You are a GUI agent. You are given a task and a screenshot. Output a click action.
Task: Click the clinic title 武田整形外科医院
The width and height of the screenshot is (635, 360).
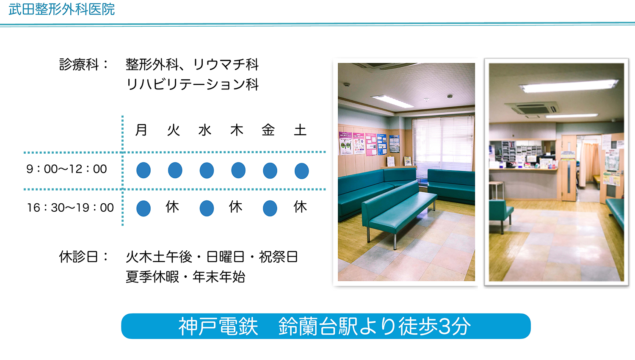click(x=61, y=9)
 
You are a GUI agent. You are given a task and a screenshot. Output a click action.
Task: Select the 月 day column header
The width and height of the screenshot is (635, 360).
click(x=141, y=130)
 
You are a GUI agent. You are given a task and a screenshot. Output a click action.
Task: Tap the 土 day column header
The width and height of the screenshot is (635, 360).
click(x=300, y=130)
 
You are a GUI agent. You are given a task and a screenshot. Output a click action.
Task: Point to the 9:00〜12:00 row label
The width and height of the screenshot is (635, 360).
click(x=66, y=169)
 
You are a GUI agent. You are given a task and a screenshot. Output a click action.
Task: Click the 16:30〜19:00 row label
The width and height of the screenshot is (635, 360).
click(x=70, y=208)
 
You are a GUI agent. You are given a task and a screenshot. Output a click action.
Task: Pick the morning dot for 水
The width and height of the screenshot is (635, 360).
click(x=207, y=170)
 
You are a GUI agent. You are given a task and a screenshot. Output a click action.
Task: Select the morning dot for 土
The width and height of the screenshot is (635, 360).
click(x=301, y=171)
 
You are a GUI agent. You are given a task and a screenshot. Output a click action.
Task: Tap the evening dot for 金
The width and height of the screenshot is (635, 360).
click(x=270, y=208)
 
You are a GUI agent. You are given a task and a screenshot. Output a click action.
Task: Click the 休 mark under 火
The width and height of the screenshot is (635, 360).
click(x=172, y=207)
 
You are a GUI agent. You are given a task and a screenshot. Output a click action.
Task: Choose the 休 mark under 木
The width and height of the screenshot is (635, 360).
click(x=236, y=207)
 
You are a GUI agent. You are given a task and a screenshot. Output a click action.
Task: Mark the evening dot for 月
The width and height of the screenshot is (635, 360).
click(x=144, y=208)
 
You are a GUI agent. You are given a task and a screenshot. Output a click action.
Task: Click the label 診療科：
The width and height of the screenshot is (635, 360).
click(x=84, y=64)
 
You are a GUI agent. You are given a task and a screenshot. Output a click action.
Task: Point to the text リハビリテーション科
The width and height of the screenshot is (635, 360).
click(x=192, y=84)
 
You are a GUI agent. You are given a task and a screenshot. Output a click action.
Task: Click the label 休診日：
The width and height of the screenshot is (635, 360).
click(x=84, y=257)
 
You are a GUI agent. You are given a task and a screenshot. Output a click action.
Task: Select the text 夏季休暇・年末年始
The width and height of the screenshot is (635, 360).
click(x=185, y=277)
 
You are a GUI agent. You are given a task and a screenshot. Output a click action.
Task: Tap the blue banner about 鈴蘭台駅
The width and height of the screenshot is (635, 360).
click(x=326, y=326)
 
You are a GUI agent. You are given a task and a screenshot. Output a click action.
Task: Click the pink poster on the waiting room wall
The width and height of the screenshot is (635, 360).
click(x=371, y=145)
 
